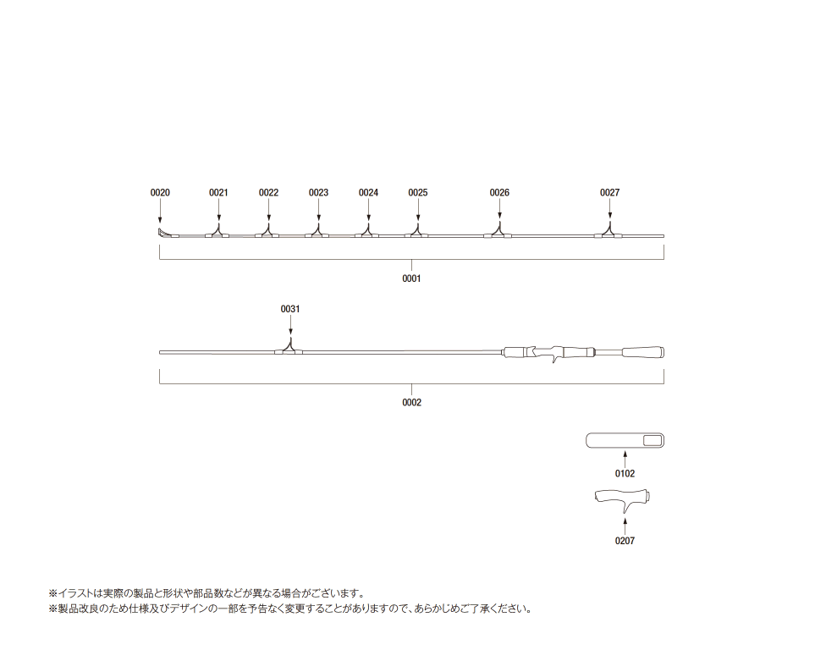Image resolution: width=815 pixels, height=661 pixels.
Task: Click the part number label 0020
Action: (x=160, y=193)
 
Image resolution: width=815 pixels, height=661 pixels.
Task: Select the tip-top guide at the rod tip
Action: (x=163, y=233)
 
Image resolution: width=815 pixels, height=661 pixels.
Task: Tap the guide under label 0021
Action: (x=218, y=232)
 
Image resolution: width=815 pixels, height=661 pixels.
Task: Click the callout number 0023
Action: (x=318, y=193)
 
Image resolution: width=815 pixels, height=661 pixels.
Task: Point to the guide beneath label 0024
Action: (x=368, y=232)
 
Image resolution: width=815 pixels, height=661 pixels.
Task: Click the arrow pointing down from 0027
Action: (x=609, y=209)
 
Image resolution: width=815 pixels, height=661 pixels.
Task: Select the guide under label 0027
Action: (x=609, y=232)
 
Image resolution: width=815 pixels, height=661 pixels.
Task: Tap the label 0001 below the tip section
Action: (x=411, y=278)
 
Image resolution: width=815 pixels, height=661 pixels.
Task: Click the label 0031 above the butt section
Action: (x=290, y=309)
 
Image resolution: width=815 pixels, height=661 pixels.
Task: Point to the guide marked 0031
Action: (x=289, y=349)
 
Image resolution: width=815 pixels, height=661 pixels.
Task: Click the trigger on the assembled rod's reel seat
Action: (x=555, y=356)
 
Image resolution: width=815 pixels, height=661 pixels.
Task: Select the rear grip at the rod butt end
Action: (x=643, y=352)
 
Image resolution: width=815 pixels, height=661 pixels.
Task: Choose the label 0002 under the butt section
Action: (x=411, y=403)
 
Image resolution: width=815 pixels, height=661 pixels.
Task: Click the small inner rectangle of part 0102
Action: (x=653, y=441)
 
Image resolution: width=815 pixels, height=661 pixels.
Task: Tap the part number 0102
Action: (x=625, y=474)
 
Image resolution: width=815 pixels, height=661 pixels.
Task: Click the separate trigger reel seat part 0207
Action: (x=622, y=499)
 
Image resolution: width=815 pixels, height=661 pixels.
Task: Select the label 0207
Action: (x=625, y=541)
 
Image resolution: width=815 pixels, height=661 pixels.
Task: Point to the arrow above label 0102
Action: (x=625, y=460)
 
